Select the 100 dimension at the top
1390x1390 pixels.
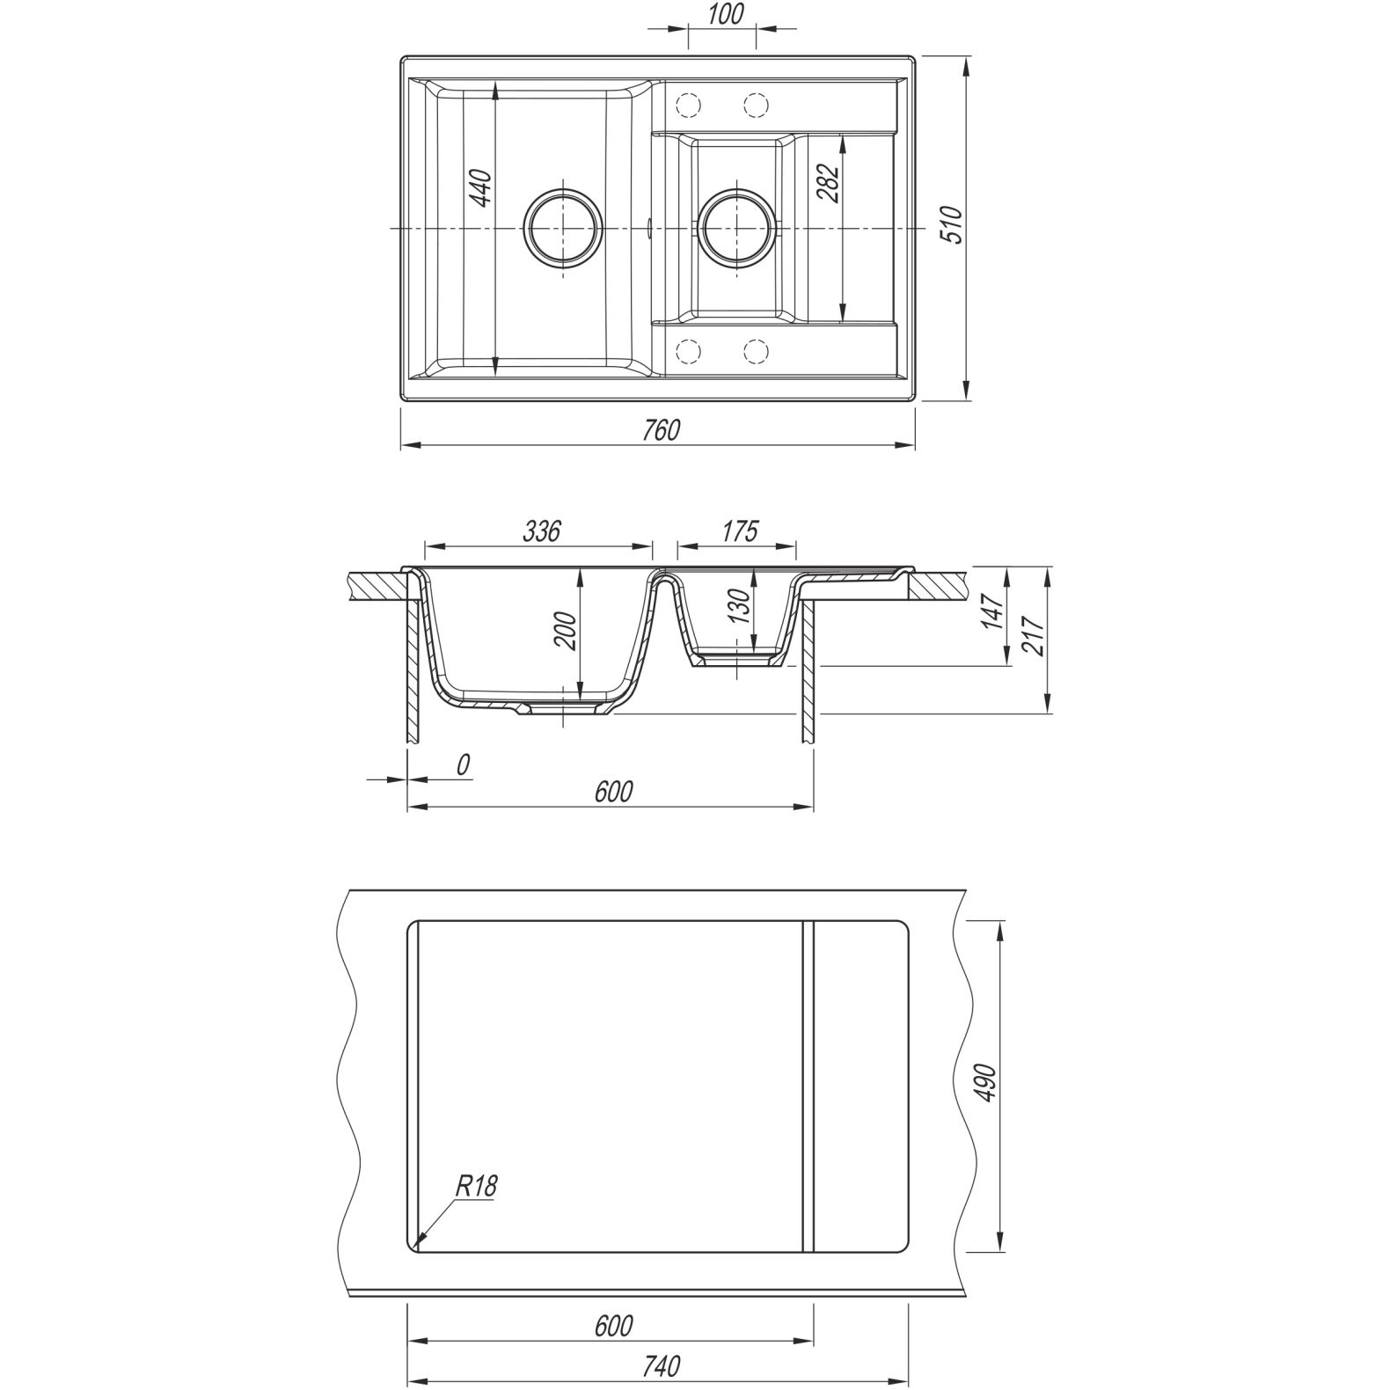click(x=725, y=15)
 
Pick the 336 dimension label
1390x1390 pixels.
click(x=541, y=531)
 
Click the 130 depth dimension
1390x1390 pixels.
click(x=741, y=606)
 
